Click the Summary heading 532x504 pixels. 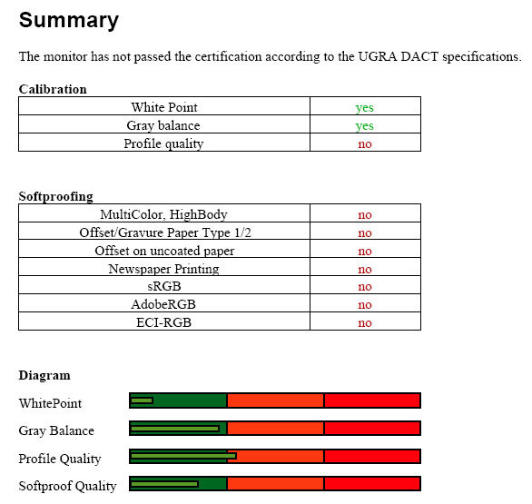pyautogui.click(x=69, y=21)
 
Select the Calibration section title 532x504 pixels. pyautogui.click(x=53, y=89)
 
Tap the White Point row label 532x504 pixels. pyautogui.click(x=164, y=107)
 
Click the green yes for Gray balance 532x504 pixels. pyautogui.click(x=365, y=126)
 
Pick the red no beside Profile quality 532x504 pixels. pyautogui.click(x=365, y=143)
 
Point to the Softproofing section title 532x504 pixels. pyautogui.click(x=56, y=196)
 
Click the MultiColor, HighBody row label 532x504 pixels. pyautogui.click(x=163, y=214)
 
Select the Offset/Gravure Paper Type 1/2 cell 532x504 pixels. pyautogui.click(x=165, y=232)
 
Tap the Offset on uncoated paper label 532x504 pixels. pyautogui.click(x=164, y=251)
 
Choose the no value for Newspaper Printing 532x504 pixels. pyautogui.click(x=365, y=270)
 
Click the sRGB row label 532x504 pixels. pyautogui.click(x=164, y=286)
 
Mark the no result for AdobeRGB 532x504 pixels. pyautogui.click(x=365, y=305)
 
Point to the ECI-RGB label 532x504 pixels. pyautogui.click(x=164, y=322)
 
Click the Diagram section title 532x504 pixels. pyautogui.click(x=44, y=375)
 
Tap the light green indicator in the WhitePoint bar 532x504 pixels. pyautogui.click(x=142, y=400)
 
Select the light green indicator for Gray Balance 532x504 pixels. pyautogui.click(x=175, y=429)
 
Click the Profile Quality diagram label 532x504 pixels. pyautogui.click(x=60, y=459)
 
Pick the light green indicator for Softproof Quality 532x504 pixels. pyautogui.click(x=164, y=484)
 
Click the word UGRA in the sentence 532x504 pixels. pyautogui.click(x=378, y=56)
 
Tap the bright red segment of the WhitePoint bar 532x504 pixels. pyautogui.click(x=372, y=400)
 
